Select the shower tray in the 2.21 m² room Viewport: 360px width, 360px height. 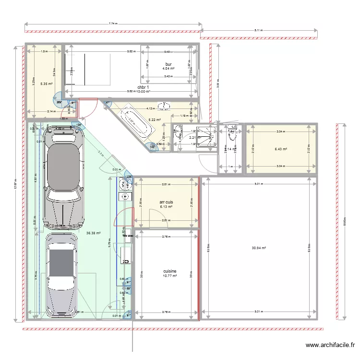click(207, 135)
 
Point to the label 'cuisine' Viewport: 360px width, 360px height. click(169, 271)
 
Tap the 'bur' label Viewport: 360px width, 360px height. click(168, 64)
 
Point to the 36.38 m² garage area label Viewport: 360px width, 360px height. click(93, 233)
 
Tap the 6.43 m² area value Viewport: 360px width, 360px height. click(281, 149)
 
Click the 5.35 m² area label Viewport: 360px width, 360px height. click(47, 84)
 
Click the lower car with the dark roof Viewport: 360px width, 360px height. click(61, 276)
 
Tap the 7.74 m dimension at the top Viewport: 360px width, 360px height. click(113, 23)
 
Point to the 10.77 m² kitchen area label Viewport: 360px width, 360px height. click(169, 276)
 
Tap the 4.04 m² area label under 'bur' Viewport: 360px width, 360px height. click(168, 69)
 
